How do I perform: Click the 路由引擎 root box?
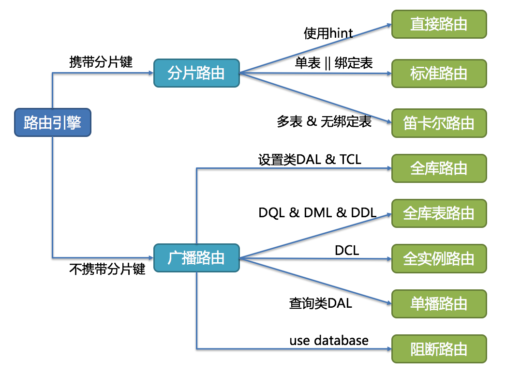pyautogui.click(x=52, y=122)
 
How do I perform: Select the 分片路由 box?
pyautogui.click(x=196, y=73)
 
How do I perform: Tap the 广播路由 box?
pyautogui.click(x=196, y=258)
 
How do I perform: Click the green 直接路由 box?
pyautogui.click(x=439, y=24)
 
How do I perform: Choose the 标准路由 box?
pyautogui.click(x=439, y=73)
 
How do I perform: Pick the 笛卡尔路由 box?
pyautogui.click(x=439, y=123)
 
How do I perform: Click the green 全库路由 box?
pyautogui.click(x=439, y=168)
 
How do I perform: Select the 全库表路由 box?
pyautogui.click(x=439, y=213)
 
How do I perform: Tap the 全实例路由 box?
pyautogui.click(x=439, y=258)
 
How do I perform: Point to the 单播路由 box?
pyautogui.click(x=439, y=304)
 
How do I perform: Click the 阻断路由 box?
pyautogui.click(x=439, y=349)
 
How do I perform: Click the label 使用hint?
pyautogui.click(x=328, y=33)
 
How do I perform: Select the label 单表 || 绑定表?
pyautogui.click(x=334, y=63)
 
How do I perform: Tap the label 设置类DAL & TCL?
pyautogui.click(x=310, y=159)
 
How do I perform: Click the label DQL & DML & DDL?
pyautogui.click(x=317, y=212)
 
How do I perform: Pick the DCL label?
pyautogui.click(x=347, y=250)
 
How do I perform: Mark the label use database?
pyautogui.click(x=329, y=340)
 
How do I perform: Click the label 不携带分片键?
pyautogui.click(x=107, y=270)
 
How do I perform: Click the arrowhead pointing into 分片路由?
pyautogui.click(x=150, y=73)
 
